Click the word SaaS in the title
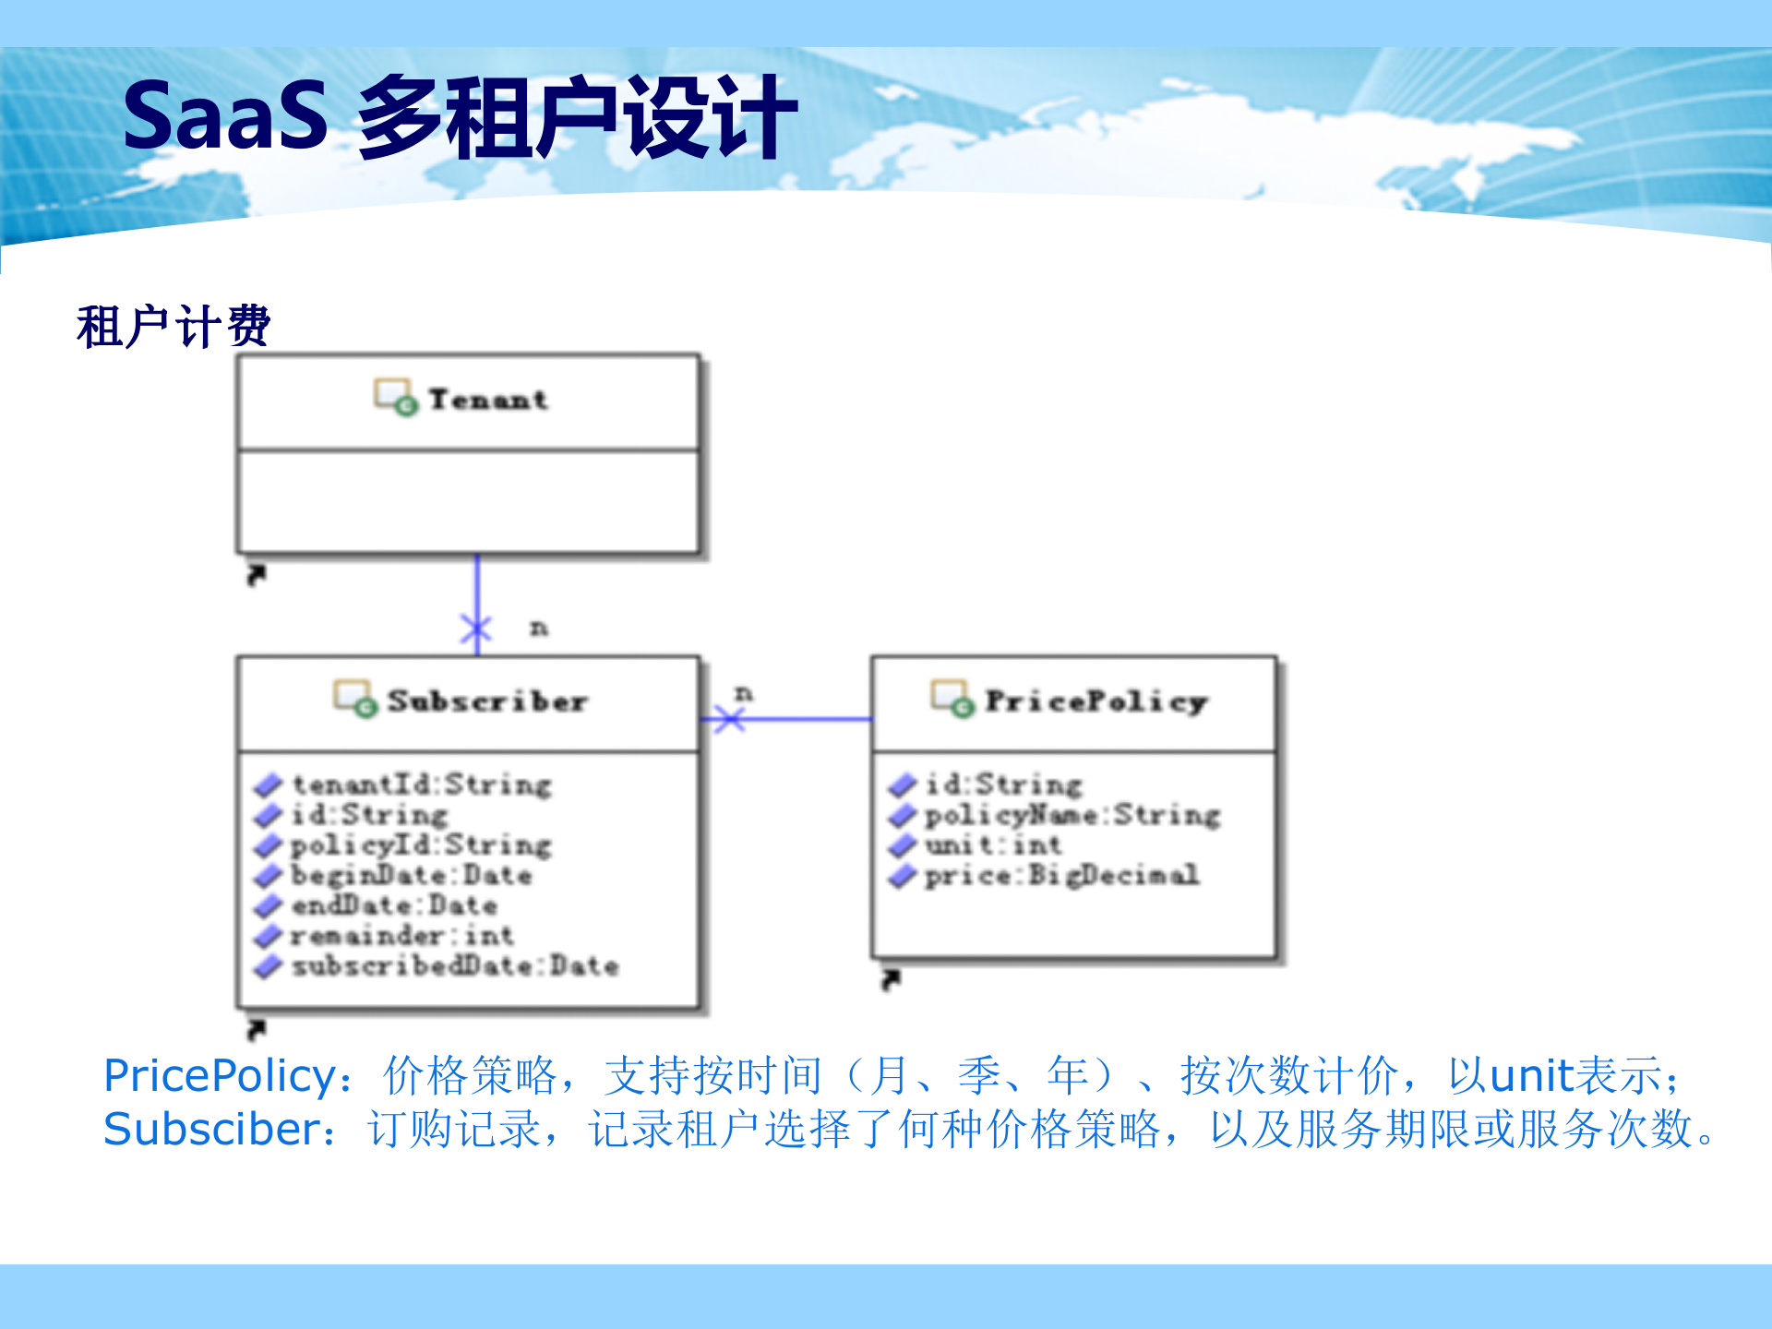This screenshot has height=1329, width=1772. click(x=226, y=116)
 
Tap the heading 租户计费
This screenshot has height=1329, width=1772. click(x=173, y=327)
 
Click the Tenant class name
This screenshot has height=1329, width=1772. click(x=488, y=400)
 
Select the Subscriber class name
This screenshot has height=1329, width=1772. click(x=487, y=701)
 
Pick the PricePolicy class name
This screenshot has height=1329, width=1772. click(x=1096, y=701)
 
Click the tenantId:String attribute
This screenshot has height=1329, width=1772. click(x=422, y=784)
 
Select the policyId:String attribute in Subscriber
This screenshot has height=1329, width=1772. click(x=421, y=845)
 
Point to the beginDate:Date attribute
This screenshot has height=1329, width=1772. click(x=412, y=875)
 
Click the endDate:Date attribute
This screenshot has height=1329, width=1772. click(x=395, y=905)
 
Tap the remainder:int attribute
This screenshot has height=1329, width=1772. click(x=402, y=936)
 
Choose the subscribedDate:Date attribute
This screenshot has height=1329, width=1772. click(x=455, y=966)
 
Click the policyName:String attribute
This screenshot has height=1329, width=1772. click(x=1072, y=815)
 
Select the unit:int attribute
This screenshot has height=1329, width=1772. click(x=993, y=845)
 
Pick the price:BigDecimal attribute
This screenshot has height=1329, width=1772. click(x=1062, y=875)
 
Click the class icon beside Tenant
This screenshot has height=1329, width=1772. click(x=395, y=398)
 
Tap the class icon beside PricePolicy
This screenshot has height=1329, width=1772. click(x=952, y=699)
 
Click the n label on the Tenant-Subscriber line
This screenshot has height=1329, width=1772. click(x=539, y=629)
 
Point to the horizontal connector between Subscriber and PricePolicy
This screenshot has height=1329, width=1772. click(x=803, y=719)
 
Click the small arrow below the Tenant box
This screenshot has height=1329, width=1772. click(x=257, y=575)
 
